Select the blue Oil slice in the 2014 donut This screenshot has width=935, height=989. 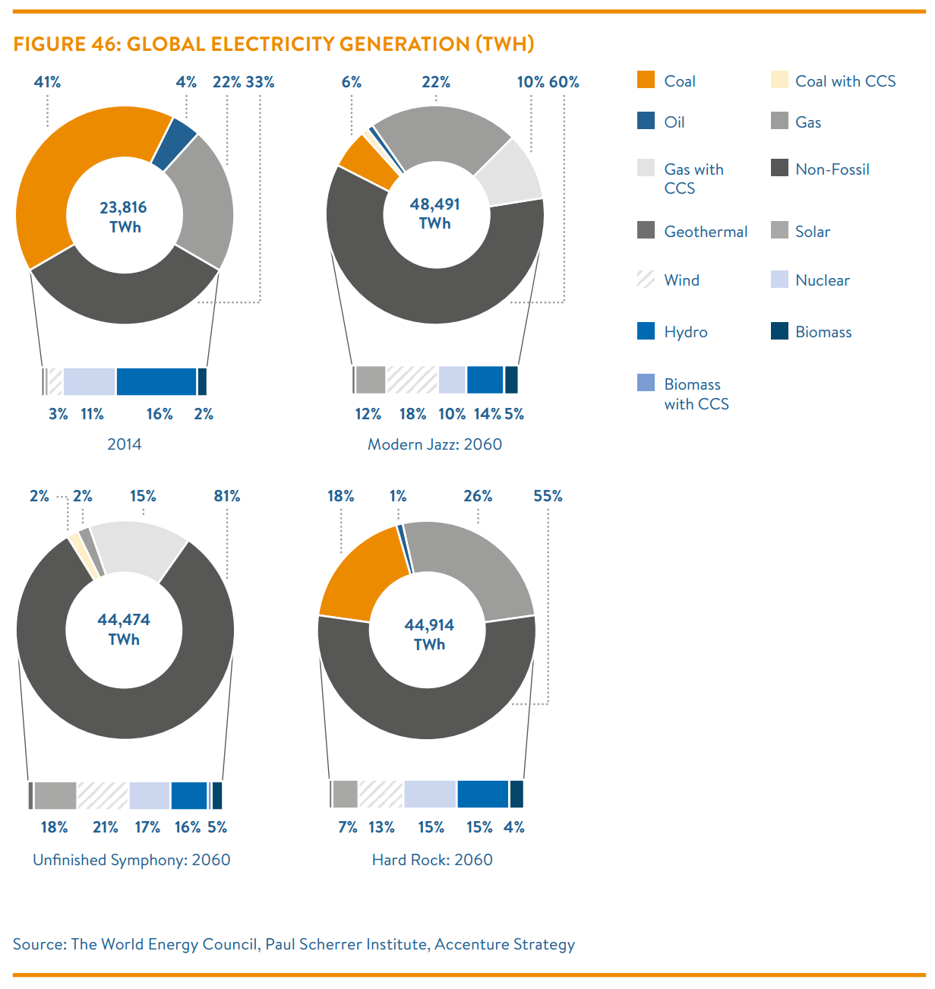[x=174, y=144]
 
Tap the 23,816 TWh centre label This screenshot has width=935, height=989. [x=124, y=217]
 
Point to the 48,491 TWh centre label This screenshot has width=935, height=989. [x=434, y=213]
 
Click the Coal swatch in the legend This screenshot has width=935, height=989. [x=646, y=80]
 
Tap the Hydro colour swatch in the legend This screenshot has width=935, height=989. [x=646, y=330]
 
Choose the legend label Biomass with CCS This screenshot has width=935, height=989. [x=696, y=394]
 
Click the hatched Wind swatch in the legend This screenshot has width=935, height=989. [x=646, y=279]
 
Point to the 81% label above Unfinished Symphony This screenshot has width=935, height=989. [x=227, y=496]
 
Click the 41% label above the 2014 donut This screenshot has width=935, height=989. [x=47, y=82]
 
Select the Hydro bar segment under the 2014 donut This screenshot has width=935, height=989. [x=156, y=381]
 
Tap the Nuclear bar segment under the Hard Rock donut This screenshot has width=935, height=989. [x=429, y=794]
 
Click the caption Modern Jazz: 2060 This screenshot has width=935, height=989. [x=434, y=444]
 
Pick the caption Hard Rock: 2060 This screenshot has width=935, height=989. [x=432, y=860]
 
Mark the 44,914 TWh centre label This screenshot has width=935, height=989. [x=429, y=634]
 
